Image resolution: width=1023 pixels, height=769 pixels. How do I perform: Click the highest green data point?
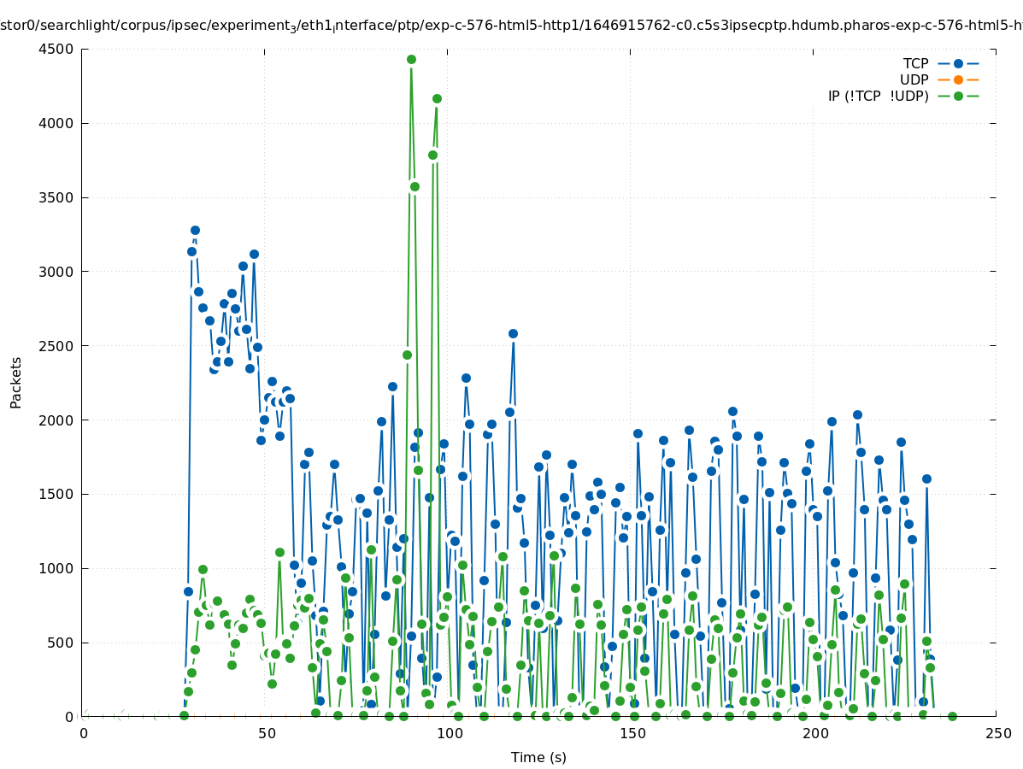[411, 59]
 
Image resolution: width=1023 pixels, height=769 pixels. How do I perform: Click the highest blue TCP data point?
[195, 230]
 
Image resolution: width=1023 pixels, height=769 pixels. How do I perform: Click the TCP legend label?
[915, 64]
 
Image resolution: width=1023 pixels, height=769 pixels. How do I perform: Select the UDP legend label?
[914, 80]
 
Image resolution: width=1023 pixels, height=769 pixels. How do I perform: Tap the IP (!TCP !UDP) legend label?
[878, 97]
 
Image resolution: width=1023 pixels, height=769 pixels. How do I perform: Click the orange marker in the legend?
[958, 80]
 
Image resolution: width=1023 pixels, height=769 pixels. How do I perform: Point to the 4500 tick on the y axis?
[59, 50]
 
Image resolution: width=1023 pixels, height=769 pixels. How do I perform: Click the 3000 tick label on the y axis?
[59, 272]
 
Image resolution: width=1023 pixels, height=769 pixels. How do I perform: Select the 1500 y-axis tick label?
[59, 495]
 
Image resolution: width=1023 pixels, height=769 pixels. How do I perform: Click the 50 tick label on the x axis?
[267, 734]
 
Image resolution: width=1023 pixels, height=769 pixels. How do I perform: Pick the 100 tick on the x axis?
[450, 734]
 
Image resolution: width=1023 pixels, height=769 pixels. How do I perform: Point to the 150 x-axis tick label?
[632, 734]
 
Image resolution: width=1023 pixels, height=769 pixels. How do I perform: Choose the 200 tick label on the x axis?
[815, 734]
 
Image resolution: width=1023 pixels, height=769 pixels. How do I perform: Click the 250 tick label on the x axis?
[997, 734]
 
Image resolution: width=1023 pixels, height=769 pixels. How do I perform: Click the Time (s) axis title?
[538, 757]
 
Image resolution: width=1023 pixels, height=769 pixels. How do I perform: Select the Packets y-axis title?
[16, 383]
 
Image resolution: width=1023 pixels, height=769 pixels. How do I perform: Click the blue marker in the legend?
[958, 64]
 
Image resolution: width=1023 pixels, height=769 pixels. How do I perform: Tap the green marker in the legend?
[958, 97]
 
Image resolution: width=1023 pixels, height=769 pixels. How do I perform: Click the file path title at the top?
[511, 26]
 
